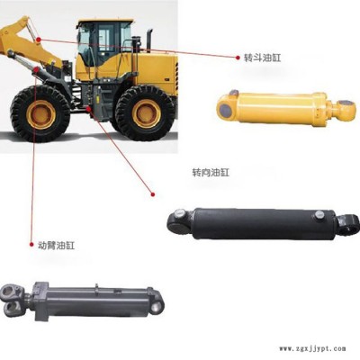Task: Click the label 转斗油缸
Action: tap(263, 58)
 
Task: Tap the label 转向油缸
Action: tap(211, 173)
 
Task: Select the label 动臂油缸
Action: tap(57, 246)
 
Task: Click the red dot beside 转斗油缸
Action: tap(238, 57)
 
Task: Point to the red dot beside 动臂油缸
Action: tap(31, 245)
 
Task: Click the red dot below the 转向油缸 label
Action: tap(153, 194)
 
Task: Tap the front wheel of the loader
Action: tap(40, 113)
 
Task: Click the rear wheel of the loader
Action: tap(146, 113)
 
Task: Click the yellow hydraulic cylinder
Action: tap(286, 107)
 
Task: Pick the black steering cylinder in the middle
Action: tap(264, 223)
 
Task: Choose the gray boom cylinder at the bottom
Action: tap(82, 301)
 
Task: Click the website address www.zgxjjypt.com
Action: tap(312, 348)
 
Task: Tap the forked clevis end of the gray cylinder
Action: tap(12, 299)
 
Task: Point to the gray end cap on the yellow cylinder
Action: tap(225, 110)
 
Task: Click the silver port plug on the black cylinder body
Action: tap(319, 214)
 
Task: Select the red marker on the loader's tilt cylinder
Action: tap(39, 40)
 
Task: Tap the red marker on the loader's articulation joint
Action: tap(88, 109)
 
